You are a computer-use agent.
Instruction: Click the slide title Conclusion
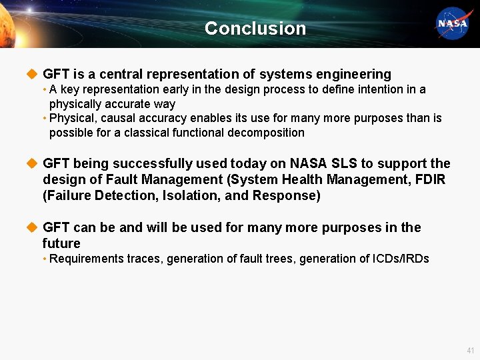[255, 28]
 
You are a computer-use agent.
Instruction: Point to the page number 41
[470, 350]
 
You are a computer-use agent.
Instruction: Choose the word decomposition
[267, 132]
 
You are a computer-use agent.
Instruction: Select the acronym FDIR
[429, 179]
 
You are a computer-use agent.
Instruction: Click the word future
[61, 243]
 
